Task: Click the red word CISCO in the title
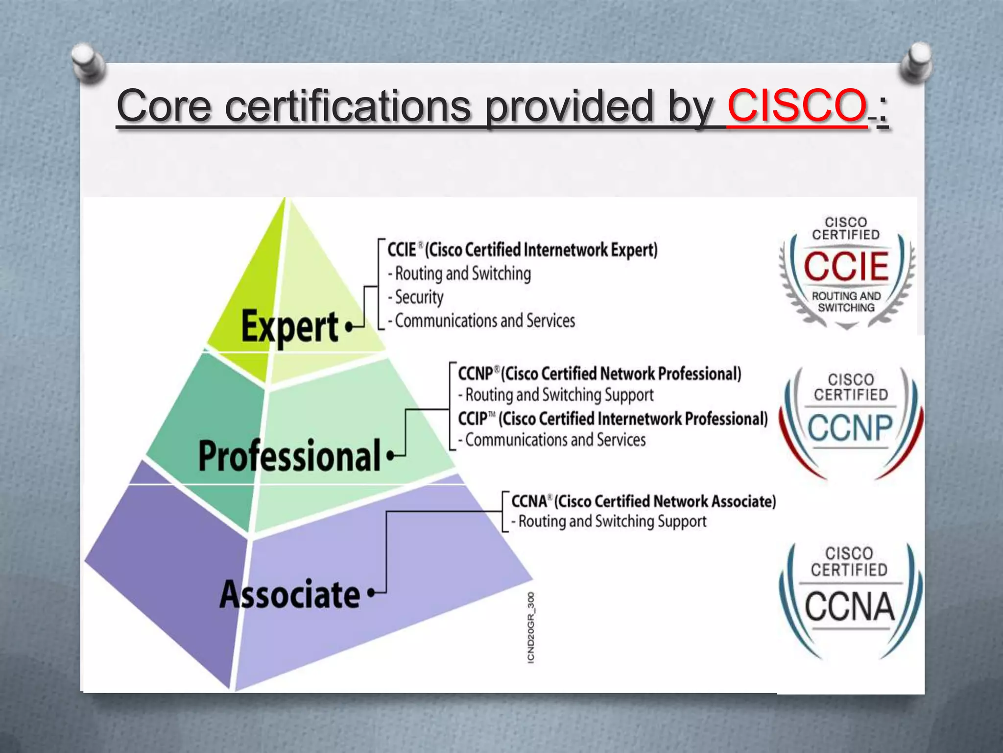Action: point(797,105)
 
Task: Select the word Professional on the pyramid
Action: point(289,456)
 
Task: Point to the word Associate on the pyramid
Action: point(289,594)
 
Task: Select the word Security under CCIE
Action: point(419,297)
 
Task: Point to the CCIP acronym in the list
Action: point(473,419)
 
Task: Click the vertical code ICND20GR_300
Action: point(531,628)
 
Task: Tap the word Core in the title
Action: point(164,106)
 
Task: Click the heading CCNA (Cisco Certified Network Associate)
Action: point(644,502)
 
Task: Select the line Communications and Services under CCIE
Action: point(485,321)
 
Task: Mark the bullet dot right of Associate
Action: point(371,593)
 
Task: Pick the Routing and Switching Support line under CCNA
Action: point(612,522)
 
